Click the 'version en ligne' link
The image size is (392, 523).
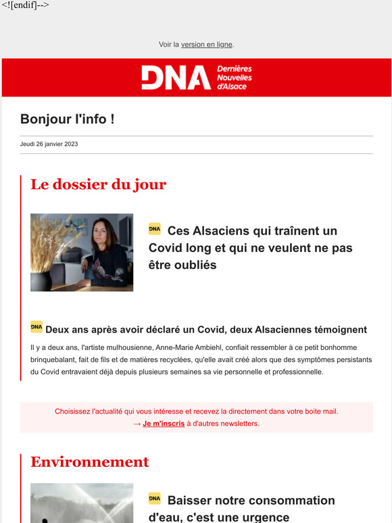point(206,45)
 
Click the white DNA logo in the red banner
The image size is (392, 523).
point(176,78)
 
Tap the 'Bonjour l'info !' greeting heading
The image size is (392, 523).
point(67,120)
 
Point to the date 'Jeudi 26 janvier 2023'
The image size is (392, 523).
point(49,144)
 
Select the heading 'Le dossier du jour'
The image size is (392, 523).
point(98,184)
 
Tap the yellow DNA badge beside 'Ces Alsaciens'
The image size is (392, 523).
point(155,230)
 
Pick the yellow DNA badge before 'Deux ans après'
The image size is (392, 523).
point(36,327)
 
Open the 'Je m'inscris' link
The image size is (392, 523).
point(164,424)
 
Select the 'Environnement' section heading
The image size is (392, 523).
point(89,462)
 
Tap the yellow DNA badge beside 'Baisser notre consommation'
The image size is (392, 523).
point(155,499)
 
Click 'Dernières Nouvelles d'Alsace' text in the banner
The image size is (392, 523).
point(234,78)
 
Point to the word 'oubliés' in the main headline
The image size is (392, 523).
point(193,265)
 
